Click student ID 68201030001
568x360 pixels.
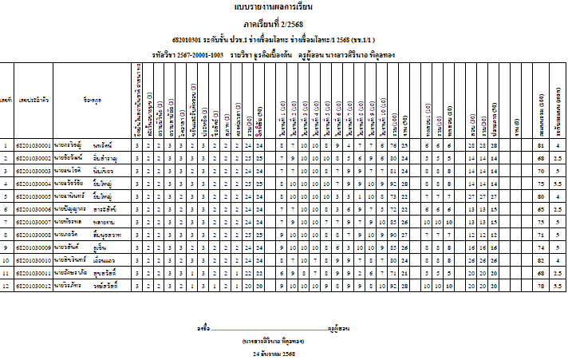point(34,146)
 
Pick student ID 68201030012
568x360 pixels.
point(34,284)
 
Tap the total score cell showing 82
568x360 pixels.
point(542,259)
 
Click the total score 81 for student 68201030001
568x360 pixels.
point(542,146)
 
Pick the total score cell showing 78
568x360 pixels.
point(542,284)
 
